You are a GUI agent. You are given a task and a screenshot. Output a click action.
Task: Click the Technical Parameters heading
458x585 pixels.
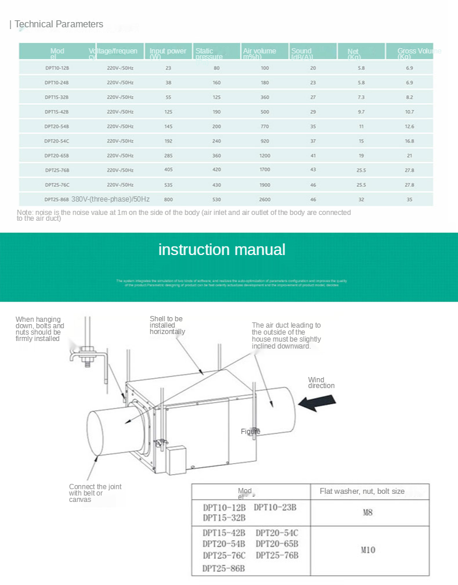pos(59,24)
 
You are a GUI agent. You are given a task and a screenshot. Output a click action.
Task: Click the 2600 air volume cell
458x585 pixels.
pos(265,199)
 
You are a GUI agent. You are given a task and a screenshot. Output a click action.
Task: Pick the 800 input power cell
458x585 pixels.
pos(168,199)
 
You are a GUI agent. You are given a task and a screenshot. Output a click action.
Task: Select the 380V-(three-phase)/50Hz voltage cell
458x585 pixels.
pos(110,199)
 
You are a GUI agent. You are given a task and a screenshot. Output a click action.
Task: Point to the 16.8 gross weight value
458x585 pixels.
pos(409,141)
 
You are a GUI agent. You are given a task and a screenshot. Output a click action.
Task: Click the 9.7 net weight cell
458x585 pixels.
pos(361,112)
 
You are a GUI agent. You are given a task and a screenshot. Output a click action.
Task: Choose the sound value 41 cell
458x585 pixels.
pos(313,155)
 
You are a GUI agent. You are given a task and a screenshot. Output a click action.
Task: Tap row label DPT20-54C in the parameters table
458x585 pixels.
pos(57,141)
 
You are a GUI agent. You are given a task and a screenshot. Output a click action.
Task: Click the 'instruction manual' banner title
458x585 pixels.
pos(222,250)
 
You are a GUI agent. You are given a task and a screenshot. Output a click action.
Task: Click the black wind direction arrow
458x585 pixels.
pos(317,402)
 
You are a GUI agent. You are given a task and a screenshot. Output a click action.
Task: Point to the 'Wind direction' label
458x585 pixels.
pos(321,383)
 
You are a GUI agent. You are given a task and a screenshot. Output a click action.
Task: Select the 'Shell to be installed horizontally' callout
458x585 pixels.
pos(167,325)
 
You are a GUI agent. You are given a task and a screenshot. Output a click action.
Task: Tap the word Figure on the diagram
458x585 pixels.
pos(251,432)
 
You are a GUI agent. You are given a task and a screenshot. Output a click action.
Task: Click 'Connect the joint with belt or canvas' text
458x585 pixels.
pos(95,493)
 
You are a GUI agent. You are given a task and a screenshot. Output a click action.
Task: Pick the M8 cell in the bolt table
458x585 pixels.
pos(367,512)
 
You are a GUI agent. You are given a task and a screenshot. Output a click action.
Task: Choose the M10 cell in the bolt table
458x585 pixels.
pos(367,550)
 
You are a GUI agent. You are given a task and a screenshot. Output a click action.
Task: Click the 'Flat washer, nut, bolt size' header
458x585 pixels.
pos(362,491)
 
